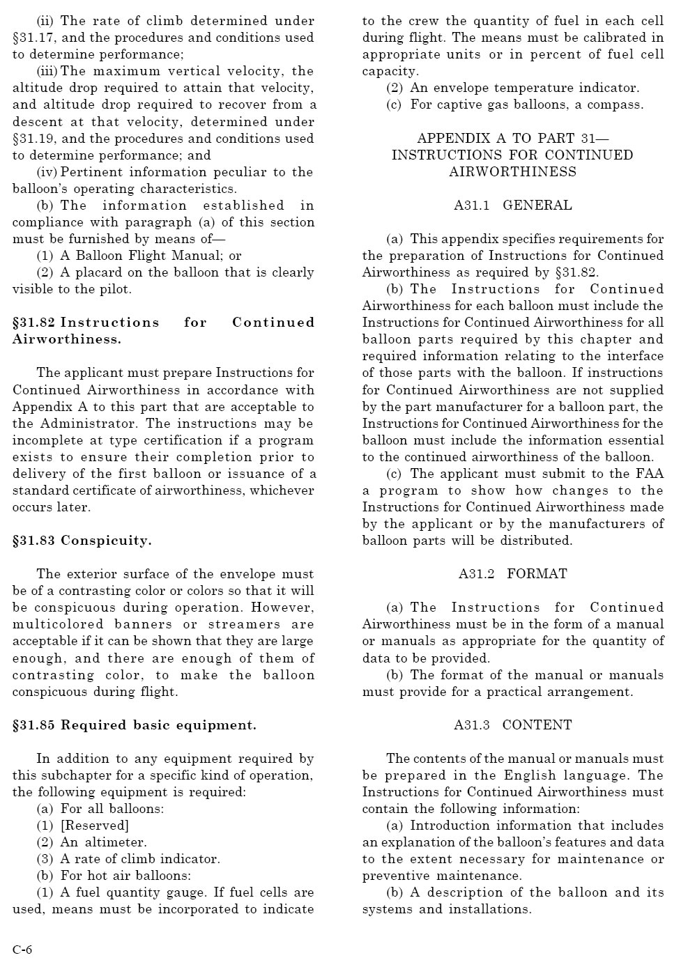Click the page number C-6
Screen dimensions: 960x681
(22, 950)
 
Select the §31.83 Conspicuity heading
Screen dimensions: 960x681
(82, 541)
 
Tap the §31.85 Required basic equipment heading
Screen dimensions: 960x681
(134, 725)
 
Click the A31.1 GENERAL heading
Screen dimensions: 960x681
(512, 206)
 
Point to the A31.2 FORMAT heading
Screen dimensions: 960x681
(512, 574)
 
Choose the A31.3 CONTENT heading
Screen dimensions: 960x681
(512, 725)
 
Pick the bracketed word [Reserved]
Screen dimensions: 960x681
(95, 826)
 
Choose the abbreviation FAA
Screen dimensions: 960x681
(649, 474)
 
